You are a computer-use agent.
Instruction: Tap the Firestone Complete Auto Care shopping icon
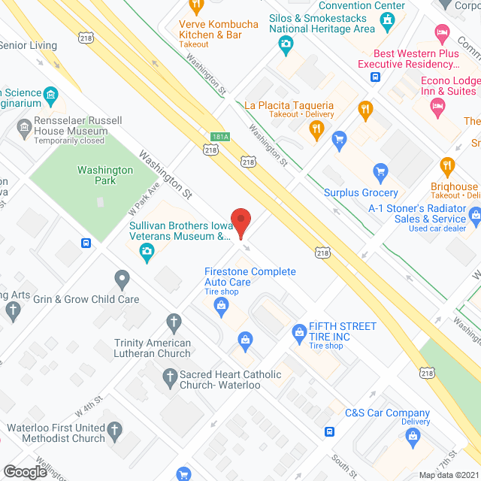click(x=221, y=304)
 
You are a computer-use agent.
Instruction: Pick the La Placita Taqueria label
click(x=289, y=105)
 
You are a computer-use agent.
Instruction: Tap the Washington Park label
click(x=105, y=175)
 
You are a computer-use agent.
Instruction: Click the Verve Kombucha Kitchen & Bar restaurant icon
click(x=196, y=7)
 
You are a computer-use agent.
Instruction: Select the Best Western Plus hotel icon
click(x=442, y=32)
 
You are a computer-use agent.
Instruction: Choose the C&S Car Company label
click(x=387, y=413)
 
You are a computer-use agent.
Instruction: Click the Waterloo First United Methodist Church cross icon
click(x=114, y=431)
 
